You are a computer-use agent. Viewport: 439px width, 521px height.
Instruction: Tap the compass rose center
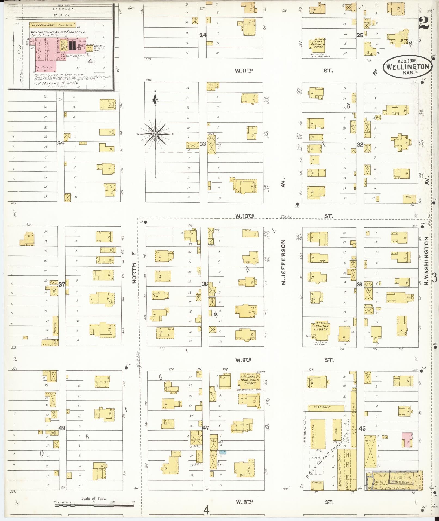155,134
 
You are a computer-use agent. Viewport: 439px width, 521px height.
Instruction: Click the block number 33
202,144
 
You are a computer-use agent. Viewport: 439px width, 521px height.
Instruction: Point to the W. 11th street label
244,71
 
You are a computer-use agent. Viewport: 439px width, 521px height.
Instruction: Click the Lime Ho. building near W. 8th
317,485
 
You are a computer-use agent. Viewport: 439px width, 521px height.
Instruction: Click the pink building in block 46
406,440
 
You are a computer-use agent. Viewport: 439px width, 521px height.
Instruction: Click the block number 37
62,285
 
